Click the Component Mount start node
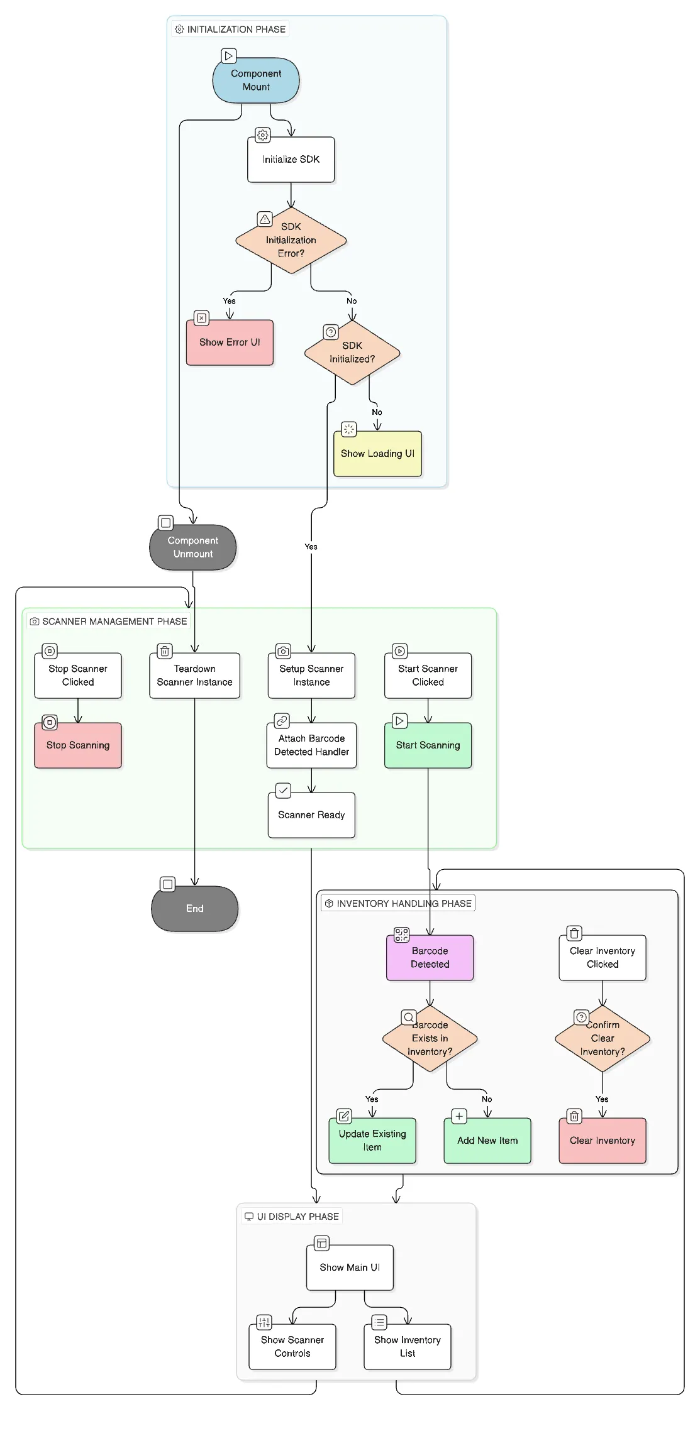(256, 80)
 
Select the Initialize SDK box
(291, 160)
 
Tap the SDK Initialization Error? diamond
(291, 240)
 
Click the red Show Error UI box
(230, 343)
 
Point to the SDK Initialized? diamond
(352, 353)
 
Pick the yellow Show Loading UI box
(377, 454)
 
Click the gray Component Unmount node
(192, 547)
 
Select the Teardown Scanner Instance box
(194, 676)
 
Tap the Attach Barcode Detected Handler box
(311, 745)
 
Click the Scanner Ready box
(311, 815)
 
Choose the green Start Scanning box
(428, 745)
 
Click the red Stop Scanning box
(78, 745)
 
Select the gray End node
(194, 909)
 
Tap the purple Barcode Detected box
(430, 958)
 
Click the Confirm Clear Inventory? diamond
(602, 1038)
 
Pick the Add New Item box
(487, 1141)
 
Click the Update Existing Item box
(372, 1141)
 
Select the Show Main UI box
(350, 1268)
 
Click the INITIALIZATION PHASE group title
(236, 30)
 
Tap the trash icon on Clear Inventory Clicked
(574, 933)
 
